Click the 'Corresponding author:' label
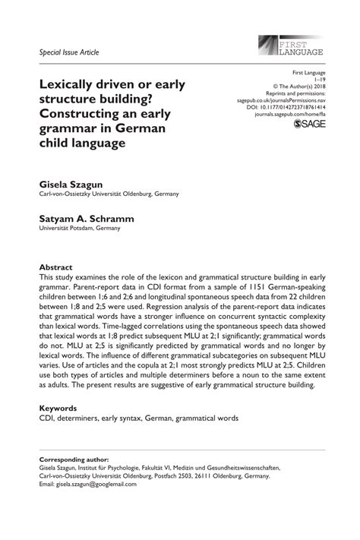click(75, 460)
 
